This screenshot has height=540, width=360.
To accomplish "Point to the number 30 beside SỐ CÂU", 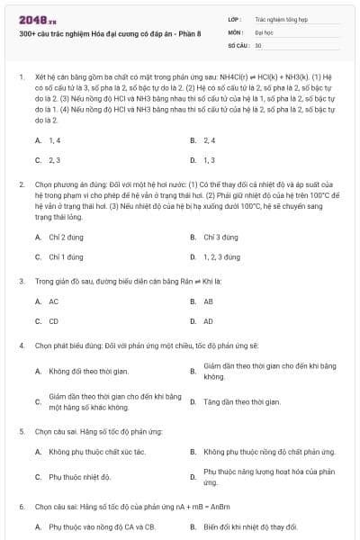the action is pos(258,44).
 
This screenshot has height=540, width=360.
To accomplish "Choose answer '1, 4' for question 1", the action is pos(55,140).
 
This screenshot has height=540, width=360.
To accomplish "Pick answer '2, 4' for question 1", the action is pos(210,140).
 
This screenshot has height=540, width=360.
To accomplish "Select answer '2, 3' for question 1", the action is pos(55,160).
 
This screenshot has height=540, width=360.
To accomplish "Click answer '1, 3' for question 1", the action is pos(210,160).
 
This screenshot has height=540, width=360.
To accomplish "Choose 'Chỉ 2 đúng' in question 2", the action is pos(67,237).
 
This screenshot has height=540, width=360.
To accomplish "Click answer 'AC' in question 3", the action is pos(54,301).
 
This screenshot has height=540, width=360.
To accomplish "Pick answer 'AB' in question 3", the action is pos(209,301).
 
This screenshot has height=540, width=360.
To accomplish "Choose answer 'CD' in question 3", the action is pos(54,321).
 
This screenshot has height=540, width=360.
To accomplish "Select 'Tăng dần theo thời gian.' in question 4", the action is pos(242,402).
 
